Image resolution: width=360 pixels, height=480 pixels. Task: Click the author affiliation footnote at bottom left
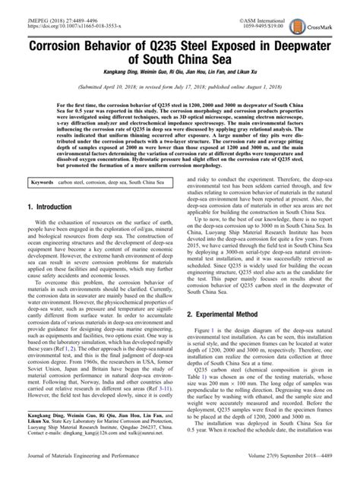click(x=99, y=428)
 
